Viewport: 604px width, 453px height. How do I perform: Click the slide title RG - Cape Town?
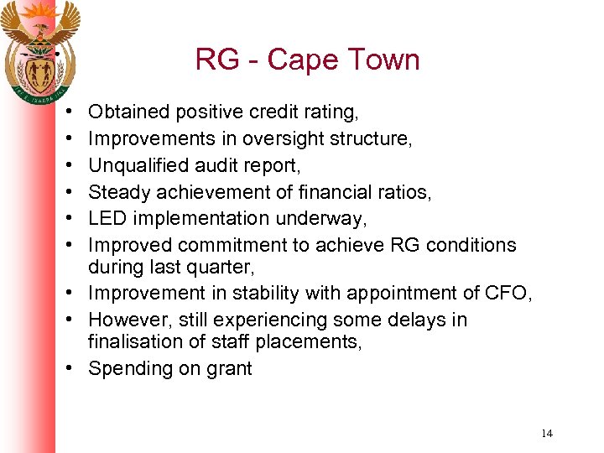307,60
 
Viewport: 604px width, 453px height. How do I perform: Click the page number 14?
547,434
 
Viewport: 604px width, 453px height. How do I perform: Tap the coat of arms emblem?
39,49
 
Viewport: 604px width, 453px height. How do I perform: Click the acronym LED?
107,219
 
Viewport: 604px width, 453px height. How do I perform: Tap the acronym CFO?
507,294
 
